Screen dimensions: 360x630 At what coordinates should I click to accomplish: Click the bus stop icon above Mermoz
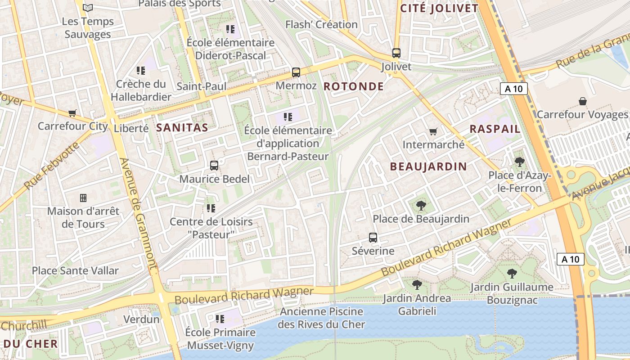tap(296, 72)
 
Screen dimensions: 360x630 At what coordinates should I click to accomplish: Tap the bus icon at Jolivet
tap(396, 53)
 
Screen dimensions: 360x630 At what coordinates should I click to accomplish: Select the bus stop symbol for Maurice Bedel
tap(214, 166)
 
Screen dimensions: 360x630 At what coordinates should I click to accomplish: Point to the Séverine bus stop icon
tap(373, 238)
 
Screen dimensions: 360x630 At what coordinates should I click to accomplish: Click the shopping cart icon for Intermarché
tap(433, 131)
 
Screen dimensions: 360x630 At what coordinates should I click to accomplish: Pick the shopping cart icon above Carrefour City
tap(72, 113)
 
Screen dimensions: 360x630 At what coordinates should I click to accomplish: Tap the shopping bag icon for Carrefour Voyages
tap(582, 101)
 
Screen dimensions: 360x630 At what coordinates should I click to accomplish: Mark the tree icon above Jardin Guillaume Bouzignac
tap(512, 273)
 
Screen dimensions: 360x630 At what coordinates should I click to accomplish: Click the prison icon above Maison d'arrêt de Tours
tap(83, 198)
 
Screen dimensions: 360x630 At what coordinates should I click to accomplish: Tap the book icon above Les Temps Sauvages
tap(88, 8)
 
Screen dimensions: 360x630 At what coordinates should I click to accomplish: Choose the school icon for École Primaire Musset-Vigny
tap(220, 319)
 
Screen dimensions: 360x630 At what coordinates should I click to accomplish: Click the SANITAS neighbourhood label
tap(182, 128)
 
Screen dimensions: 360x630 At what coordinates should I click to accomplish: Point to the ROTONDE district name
tap(354, 86)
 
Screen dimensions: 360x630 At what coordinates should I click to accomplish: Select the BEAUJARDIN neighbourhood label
tap(428, 166)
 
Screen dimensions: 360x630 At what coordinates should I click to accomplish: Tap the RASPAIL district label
tap(495, 129)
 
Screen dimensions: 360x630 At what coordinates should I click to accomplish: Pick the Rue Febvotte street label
tap(51, 167)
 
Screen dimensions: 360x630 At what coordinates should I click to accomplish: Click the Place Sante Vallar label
tap(75, 270)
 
